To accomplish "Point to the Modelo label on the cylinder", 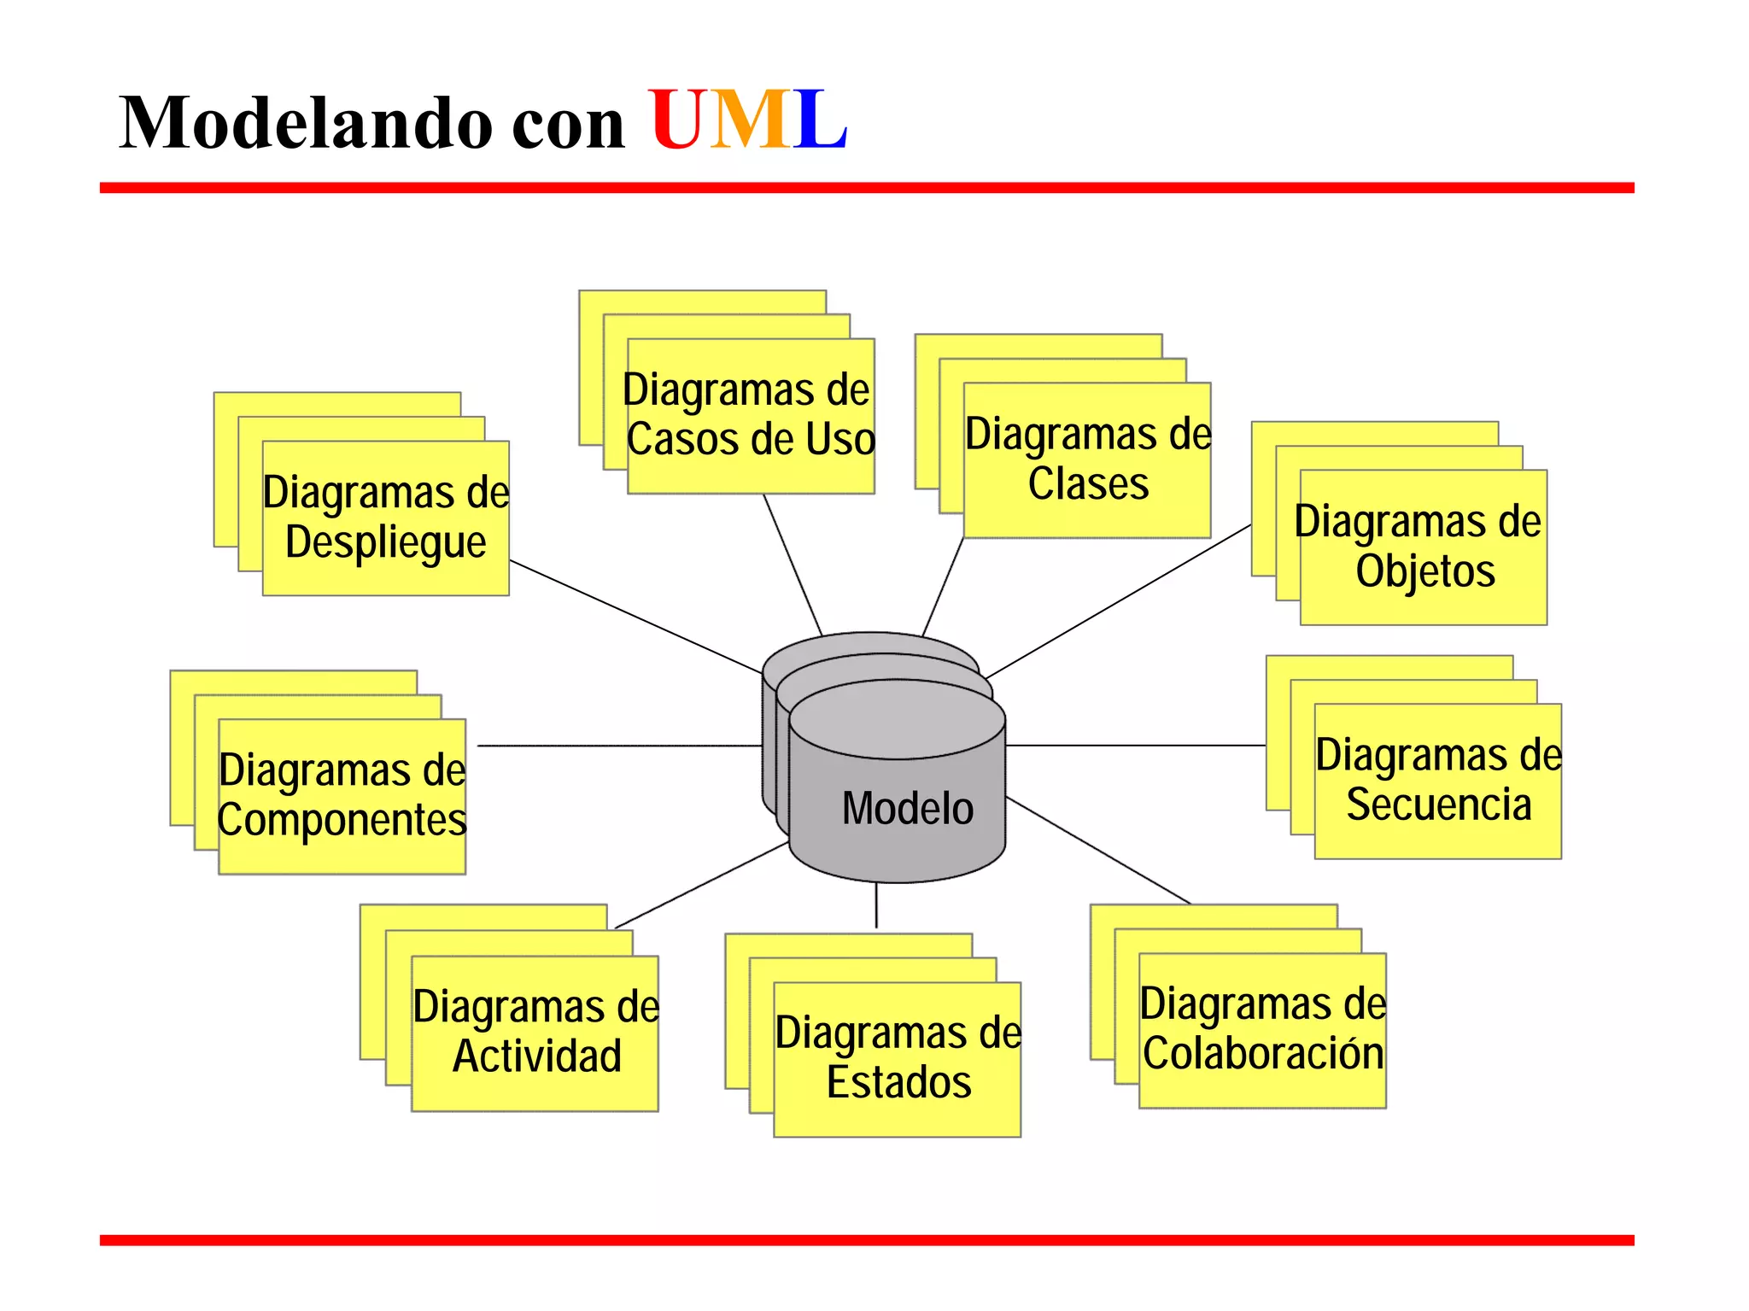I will (907, 808).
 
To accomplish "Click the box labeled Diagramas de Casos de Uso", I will (750, 416).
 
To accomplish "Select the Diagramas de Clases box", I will (1087, 459).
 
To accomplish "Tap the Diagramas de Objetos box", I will (1424, 547).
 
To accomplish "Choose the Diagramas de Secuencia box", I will (1438, 781).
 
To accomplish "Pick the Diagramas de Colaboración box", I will (1262, 1030).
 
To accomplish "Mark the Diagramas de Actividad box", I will (535, 1033).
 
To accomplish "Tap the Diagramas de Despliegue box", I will (386, 518).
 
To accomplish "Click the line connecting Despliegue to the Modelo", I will (636, 617).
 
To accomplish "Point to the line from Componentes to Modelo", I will (619, 746).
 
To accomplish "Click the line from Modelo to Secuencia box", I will (1136, 746).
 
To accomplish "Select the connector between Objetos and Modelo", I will (1119, 601).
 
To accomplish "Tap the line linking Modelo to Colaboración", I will (1099, 851).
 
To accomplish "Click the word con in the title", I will (568, 125).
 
